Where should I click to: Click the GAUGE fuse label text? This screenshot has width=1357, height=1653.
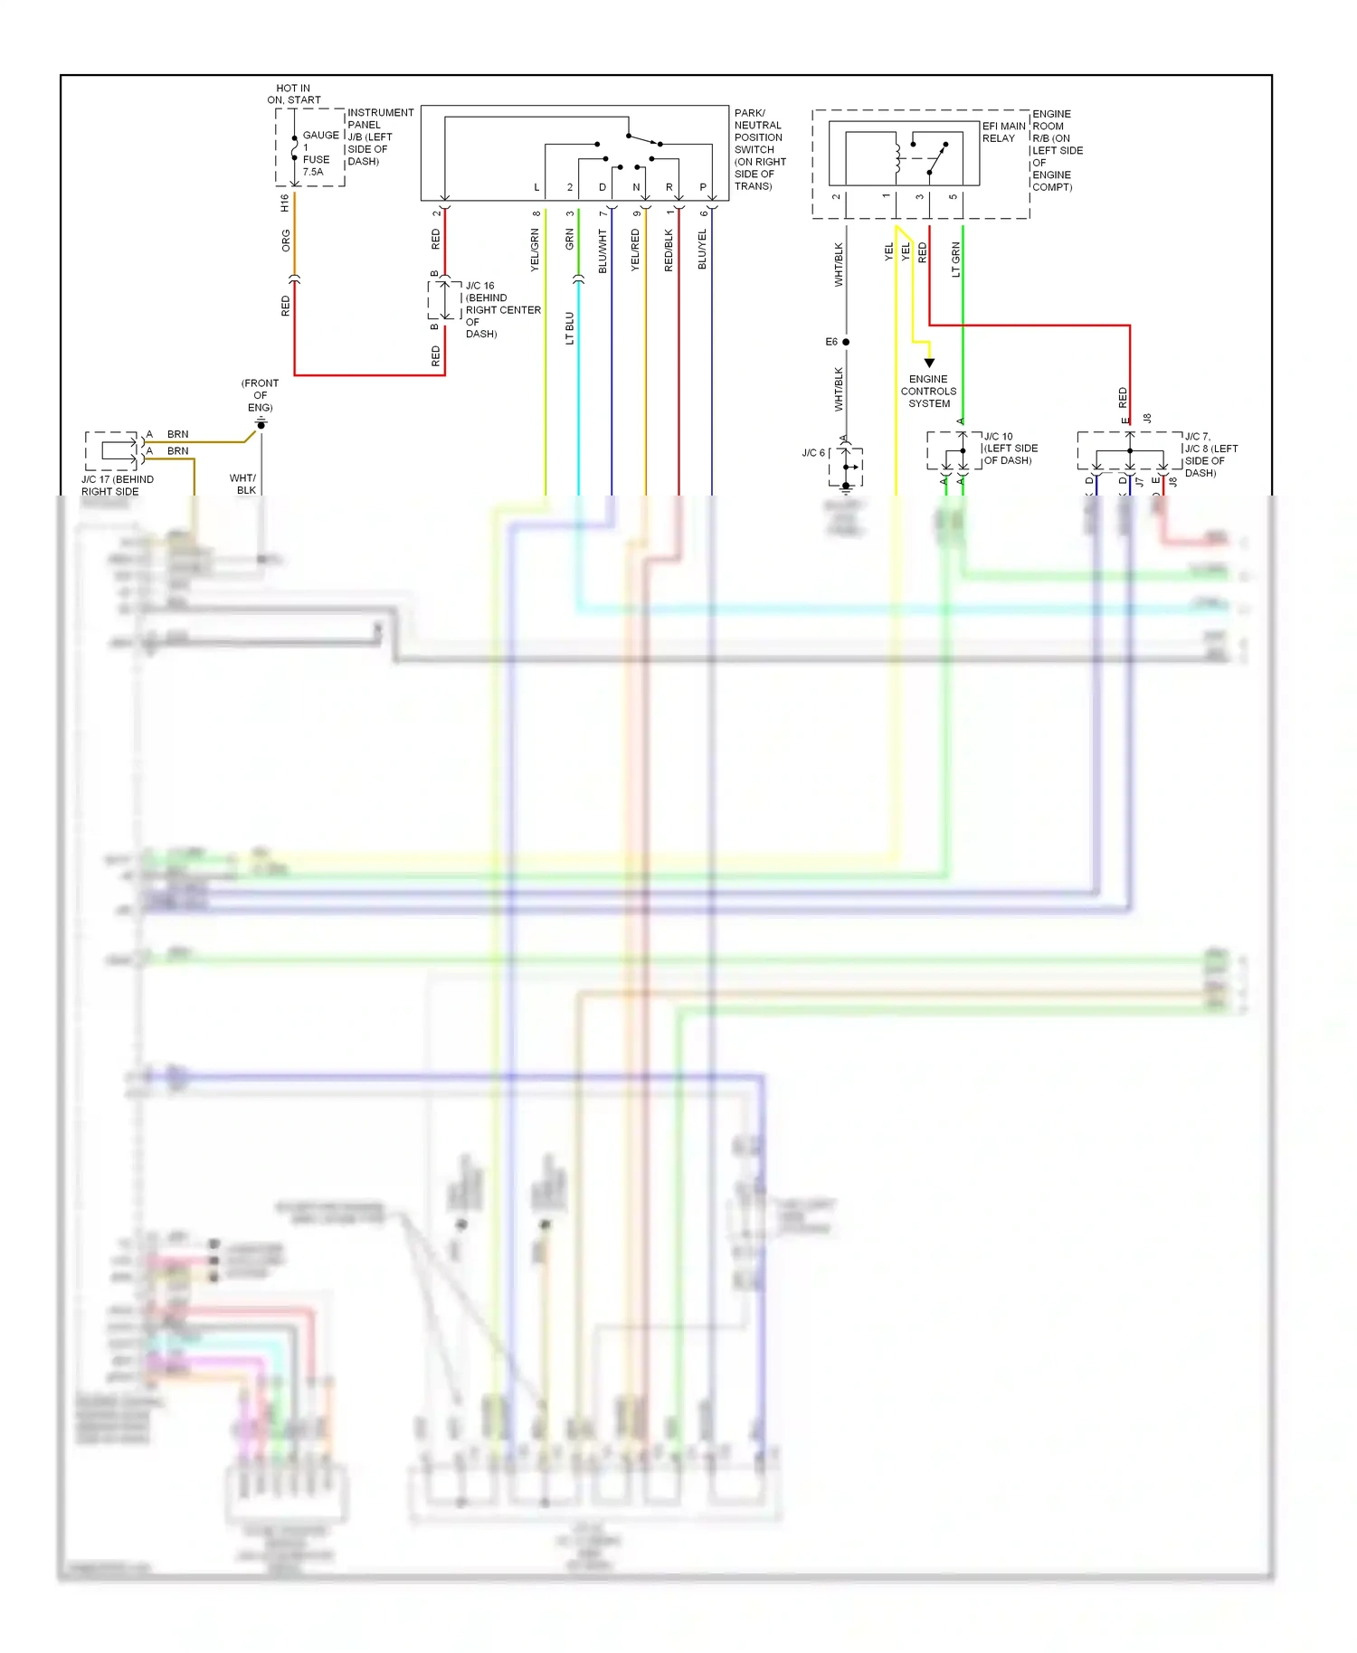click(x=320, y=136)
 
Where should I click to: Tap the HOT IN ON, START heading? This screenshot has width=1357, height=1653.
click(x=293, y=94)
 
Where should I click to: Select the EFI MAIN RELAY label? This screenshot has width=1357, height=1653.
click(x=1003, y=132)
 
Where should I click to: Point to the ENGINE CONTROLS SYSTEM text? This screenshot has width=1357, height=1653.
click(x=928, y=392)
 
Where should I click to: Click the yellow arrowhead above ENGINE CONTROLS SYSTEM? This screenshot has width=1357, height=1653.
click(x=929, y=363)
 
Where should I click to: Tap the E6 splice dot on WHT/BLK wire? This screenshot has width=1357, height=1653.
click(x=846, y=342)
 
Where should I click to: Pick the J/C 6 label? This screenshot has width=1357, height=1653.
click(x=812, y=453)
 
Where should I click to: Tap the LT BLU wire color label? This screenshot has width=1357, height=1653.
click(x=570, y=328)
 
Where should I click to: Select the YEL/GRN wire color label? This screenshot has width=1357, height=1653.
click(x=535, y=250)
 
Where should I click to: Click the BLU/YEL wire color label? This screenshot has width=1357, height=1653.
click(x=703, y=250)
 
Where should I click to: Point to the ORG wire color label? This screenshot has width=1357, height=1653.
click(x=286, y=241)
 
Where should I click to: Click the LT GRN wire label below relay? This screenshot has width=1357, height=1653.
click(x=956, y=260)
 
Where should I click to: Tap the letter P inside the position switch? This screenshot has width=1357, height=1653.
click(x=703, y=187)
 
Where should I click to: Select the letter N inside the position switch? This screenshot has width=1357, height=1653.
click(x=636, y=187)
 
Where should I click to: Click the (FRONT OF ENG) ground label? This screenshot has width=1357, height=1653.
click(x=260, y=395)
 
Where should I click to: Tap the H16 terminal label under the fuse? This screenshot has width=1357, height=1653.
click(x=285, y=203)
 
